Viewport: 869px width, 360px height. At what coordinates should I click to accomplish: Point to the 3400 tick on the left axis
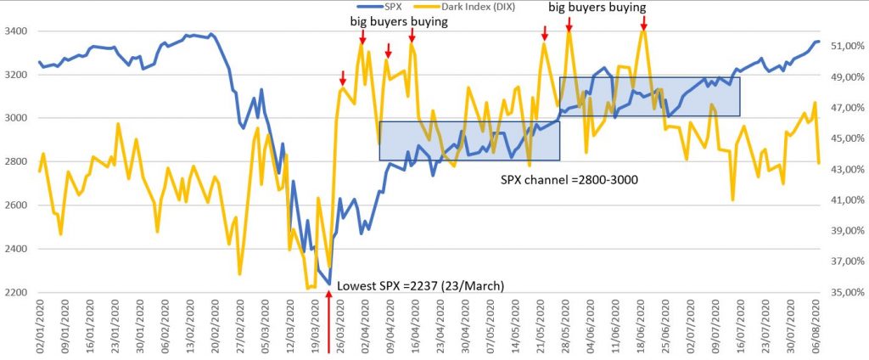(x=15, y=31)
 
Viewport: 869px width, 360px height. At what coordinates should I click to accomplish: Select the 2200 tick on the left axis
(x=15, y=292)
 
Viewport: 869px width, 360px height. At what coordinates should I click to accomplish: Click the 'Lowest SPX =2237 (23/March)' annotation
(x=421, y=285)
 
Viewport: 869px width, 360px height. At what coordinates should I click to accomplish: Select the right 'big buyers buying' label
(x=597, y=7)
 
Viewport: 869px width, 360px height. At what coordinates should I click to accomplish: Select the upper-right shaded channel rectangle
(x=649, y=97)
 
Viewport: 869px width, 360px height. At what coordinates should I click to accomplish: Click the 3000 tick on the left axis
(x=15, y=118)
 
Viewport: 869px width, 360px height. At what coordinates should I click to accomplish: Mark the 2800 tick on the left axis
(x=15, y=161)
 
